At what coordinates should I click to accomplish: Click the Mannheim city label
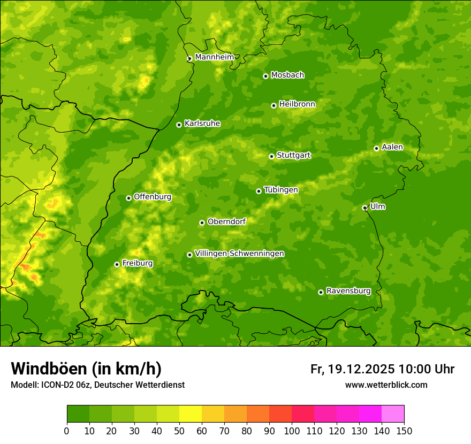pyautogui.click(x=214, y=57)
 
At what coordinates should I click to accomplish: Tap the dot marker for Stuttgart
pyautogui.click(x=271, y=156)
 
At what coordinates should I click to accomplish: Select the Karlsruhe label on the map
pyautogui.click(x=202, y=124)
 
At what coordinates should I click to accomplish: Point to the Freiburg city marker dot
pyautogui.click(x=117, y=264)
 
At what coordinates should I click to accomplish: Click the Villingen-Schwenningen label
pyautogui.click(x=239, y=254)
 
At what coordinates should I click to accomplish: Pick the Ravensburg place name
pyautogui.click(x=348, y=291)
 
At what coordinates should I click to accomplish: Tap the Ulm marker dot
pyautogui.click(x=364, y=208)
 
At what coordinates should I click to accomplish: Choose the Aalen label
pyautogui.click(x=392, y=147)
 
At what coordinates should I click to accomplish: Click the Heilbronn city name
pyautogui.click(x=297, y=104)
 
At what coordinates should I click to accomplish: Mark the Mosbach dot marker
pyautogui.click(x=265, y=76)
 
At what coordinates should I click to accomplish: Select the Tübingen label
pyautogui.click(x=280, y=190)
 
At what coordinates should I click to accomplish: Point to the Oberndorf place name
pyautogui.click(x=226, y=221)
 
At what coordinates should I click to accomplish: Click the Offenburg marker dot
pyautogui.click(x=128, y=198)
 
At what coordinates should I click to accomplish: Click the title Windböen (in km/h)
pyautogui.click(x=86, y=369)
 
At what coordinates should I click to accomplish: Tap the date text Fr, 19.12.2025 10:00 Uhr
pyautogui.click(x=382, y=369)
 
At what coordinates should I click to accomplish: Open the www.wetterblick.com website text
pyautogui.click(x=386, y=385)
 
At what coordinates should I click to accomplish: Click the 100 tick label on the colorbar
pyautogui.click(x=291, y=431)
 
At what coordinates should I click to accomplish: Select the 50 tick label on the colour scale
pyautogui.click(x=179, y=431)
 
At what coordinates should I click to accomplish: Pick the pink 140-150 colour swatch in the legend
pyautogui.click(x=392, y=414)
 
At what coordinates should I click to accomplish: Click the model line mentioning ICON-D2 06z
pyautogui.click(x=97, y=385)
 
